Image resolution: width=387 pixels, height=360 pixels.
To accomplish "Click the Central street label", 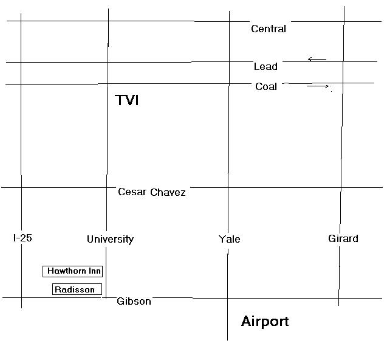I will [x=268, y=29].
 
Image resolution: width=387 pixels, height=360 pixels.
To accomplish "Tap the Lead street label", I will [x=265, y=66].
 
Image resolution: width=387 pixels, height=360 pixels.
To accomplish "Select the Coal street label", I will [x=266, y=86].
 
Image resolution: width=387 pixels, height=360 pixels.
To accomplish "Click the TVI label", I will [x=127, y=100].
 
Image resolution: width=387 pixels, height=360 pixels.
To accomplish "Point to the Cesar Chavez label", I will [x=152, y=192].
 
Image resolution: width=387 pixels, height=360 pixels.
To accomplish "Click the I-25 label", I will [x=22, y=238].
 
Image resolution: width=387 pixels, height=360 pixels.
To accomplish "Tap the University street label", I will [x=110, y=239].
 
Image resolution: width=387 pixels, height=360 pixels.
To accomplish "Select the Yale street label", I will [x=229, y=239].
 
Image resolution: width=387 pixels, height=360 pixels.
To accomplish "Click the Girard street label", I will [x=343, y=238].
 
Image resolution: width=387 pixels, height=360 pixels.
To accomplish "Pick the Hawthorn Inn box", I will [x=73, y=271].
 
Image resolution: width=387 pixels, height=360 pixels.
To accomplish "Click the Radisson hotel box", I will [x=77, y=289].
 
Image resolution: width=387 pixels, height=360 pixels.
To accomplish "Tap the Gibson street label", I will [x=134, y=301].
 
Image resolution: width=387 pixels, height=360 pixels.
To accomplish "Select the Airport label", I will [x=265, y=321].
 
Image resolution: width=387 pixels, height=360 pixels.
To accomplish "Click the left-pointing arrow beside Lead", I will [x=317, y=59].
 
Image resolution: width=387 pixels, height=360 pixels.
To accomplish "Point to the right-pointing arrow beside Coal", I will [x=318, y=86].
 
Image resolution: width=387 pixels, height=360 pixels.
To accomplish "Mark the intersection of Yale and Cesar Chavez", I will [x=228, y=188].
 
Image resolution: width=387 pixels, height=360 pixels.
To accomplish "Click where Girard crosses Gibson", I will [x=339, y=298].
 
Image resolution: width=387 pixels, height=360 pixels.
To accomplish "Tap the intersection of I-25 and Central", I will [x=21, y=21].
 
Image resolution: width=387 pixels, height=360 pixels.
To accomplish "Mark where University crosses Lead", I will [x=108, y=62].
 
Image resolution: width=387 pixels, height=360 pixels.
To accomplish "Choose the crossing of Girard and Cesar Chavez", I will [x=341, y=188].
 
